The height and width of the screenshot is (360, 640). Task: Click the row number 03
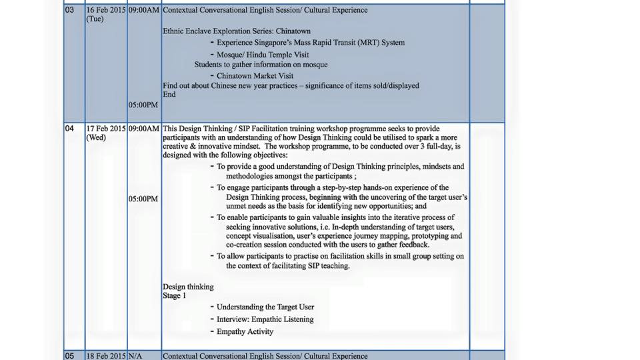pos(70,10)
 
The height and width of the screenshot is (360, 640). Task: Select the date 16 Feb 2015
pos(105,10)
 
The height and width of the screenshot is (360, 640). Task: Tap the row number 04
pos(70,129)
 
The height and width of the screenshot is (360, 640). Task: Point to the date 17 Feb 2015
pos(105,129)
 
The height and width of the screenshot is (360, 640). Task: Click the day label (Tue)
pos(95,19)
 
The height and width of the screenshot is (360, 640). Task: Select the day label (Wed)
pos(96,137)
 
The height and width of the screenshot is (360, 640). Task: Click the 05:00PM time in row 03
pos(143,105)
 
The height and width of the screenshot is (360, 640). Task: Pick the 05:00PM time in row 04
pos(143,199)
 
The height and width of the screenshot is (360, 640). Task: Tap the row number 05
pos(70,356)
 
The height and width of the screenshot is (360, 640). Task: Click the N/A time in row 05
pos(135,356)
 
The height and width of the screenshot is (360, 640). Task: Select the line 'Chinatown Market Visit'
pos(255,76)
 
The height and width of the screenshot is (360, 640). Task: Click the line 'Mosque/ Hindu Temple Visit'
pos(263,55)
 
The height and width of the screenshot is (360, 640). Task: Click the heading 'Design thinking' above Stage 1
pos(188,287)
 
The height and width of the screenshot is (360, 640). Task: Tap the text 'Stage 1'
pos(175,295)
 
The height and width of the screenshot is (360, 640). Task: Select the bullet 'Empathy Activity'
pos(245,331)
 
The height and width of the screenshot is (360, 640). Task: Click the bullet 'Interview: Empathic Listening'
pos(265,319)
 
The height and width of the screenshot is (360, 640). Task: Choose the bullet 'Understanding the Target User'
pos(265,307)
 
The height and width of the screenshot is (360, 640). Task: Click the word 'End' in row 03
pos(169,95)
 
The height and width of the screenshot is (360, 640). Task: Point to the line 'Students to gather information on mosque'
pos(261,65)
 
